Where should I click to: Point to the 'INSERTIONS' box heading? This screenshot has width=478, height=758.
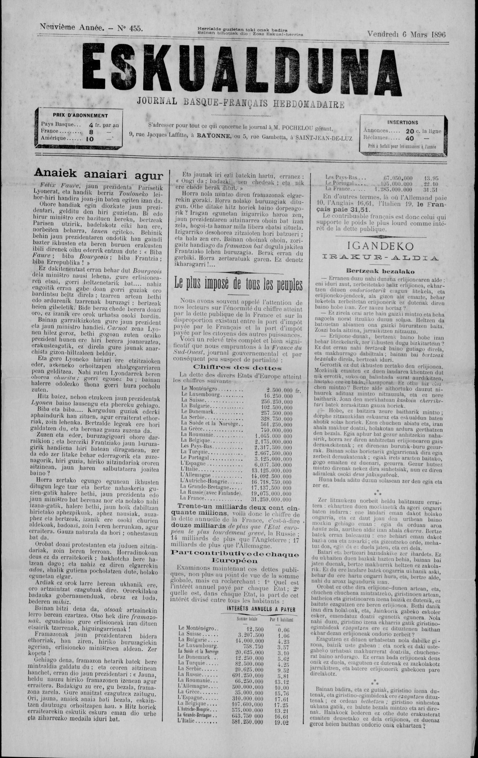403,122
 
